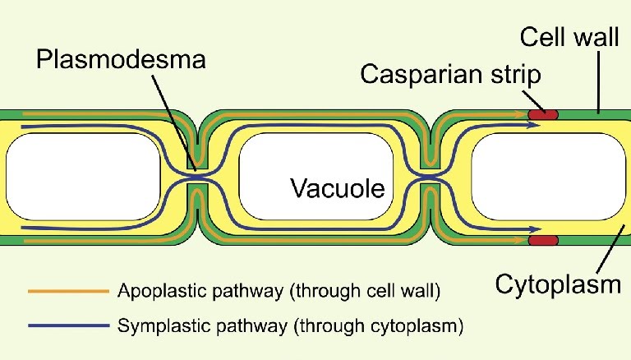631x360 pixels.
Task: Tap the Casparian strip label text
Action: [451, 76]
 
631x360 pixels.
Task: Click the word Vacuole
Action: [338, 189]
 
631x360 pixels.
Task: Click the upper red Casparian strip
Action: [542, 113]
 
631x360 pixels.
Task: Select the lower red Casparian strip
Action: [542, 240]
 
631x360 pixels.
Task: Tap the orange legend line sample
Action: [67, 291]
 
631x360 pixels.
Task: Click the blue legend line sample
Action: [67, 325]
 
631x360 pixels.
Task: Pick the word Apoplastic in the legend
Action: [154, 291]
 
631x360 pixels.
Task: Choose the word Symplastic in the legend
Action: [155, 325]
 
